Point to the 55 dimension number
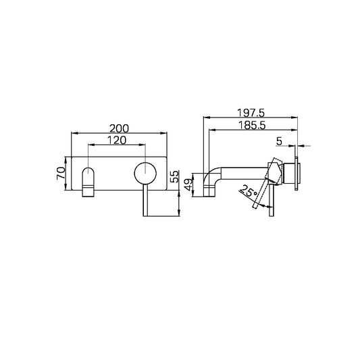(174, 178)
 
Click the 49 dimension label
(190, 183)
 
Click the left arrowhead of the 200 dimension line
(73, 133)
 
